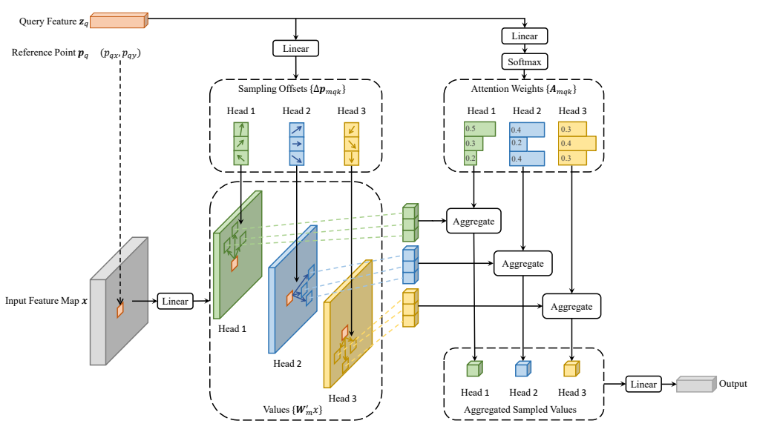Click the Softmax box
click(x=524, y=62)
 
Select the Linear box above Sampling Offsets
click(x=295, y=48)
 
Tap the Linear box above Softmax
click(x=524, y=36)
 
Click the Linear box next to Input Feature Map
click(x=174, y=301)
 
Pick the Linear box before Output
click(x=643, y=384)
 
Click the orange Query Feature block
click(x=119, y=21)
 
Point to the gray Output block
click(x=696, y=385)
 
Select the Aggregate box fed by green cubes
click(x=473, y=221)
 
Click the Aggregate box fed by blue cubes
click(x=523, y=263)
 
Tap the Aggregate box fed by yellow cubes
click(x=571, y=306)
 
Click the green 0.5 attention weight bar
click(x=480, y=129)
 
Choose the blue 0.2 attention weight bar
click(x=519, y=143)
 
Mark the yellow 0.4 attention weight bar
click(x=577, y=143)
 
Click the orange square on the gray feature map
click(x=120, y=309)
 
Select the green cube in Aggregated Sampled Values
click(x=474, y=368)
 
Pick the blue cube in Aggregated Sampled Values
click(x=523, y=368)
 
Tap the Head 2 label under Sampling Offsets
click(x=296, y=111)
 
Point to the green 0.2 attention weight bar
click(x=471, y=158)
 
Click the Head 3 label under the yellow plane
click(x=342, y=399)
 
